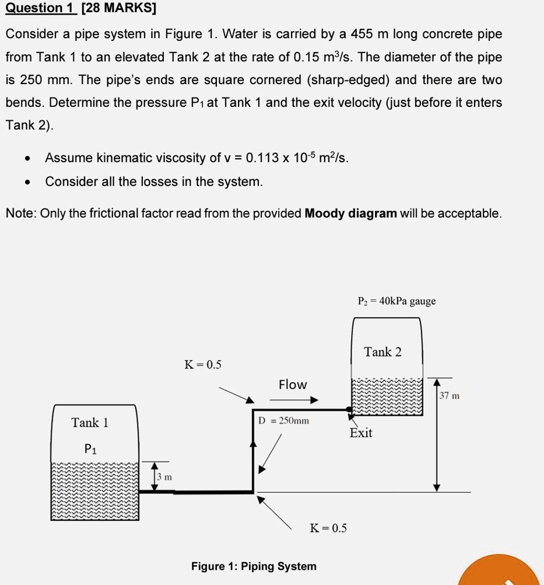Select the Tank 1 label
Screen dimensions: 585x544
(90, 422)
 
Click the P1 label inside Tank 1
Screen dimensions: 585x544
(90, 449)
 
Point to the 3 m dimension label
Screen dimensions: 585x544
(164, 477)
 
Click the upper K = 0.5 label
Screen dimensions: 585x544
(203, 365)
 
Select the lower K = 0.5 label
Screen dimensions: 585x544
(328, 528)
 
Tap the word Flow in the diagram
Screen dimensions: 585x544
(293, 385)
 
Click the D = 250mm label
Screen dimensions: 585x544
(284, 420)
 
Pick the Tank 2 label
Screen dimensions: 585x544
(382, 352)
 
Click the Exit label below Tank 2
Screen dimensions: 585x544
(361, 433)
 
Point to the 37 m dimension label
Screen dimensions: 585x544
(450, 396)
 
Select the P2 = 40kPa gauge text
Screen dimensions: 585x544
(396, 301)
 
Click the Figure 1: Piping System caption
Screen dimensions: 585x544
(254, 566)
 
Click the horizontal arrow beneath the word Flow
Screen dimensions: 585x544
(294, 401)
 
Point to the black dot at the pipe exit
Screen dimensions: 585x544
(350, 410)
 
